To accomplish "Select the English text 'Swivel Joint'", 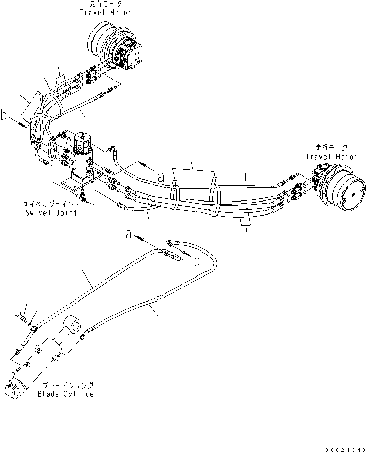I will click(51, 213).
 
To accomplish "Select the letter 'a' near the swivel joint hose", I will click(161, 178).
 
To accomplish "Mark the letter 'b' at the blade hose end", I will click(196, 261).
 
